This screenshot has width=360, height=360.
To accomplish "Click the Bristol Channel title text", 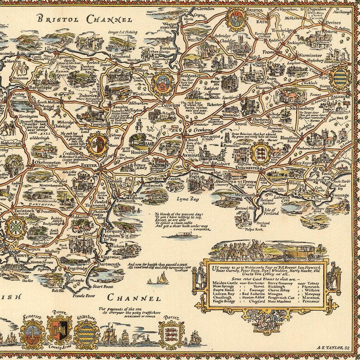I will [85, 19].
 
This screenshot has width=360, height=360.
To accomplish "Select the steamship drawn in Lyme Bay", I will [185, 236].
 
